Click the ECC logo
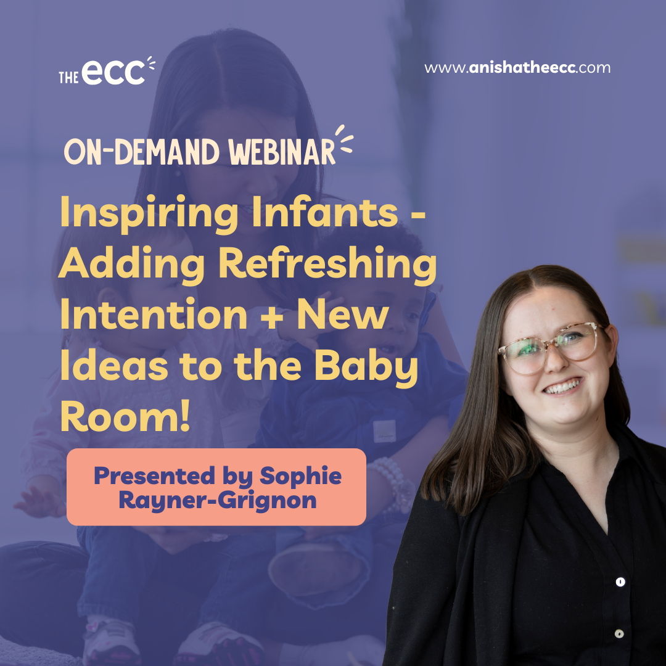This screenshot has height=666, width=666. [107, 71]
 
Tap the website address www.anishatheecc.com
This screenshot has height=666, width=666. [517, 68]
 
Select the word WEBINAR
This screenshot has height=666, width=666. [282, 152]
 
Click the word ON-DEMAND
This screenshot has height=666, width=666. [141, 152]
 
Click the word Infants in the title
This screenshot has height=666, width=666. [325, 212]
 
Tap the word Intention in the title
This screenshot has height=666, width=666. [154, 314]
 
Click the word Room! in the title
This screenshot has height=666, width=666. [125, 416]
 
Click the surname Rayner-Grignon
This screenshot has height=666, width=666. [218, 500]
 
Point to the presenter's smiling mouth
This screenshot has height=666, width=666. [562, 386]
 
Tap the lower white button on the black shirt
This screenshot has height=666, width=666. [619, 634]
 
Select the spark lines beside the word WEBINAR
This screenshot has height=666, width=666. [345, 139]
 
